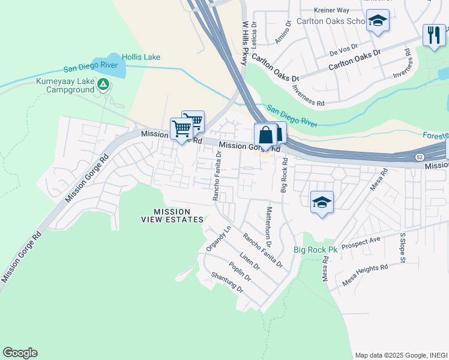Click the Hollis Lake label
(x=141, y=57)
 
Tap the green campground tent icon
(x=104, y=85)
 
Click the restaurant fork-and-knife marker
(x=434, y=34)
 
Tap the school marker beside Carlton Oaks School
(x=378, y=22)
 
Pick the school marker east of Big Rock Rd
(x=322, y=203)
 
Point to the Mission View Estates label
(x=173, y=215)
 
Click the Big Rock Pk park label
(x=316, y=250)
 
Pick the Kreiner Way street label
(x=331, y=10)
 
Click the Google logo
(x=20, y=353)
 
